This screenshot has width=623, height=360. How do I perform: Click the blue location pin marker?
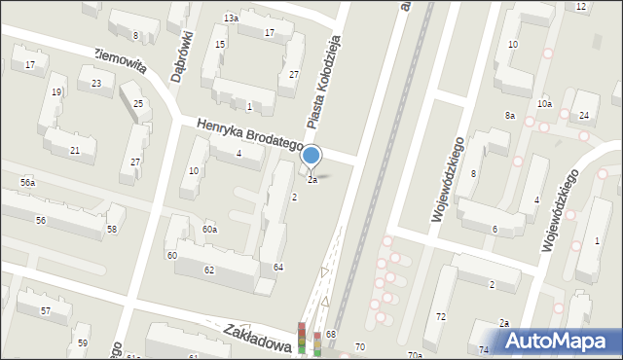(311, 156)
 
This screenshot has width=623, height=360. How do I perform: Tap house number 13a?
(231, 18)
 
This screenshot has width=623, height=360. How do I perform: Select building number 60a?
(209, 229)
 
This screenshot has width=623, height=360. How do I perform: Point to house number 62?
(208, 270)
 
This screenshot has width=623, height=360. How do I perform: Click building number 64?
(278, 267)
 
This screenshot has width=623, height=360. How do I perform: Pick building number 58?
(112, 229)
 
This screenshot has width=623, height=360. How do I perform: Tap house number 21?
(75, 150)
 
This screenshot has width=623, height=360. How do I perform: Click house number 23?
(95, 84)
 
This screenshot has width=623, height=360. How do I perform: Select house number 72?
(440, 317)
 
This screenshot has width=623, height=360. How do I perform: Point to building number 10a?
(543, 104)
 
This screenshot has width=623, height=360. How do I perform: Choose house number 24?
(583, 116)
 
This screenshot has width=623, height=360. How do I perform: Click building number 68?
(331, 335)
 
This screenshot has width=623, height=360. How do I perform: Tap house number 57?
(46, 310)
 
